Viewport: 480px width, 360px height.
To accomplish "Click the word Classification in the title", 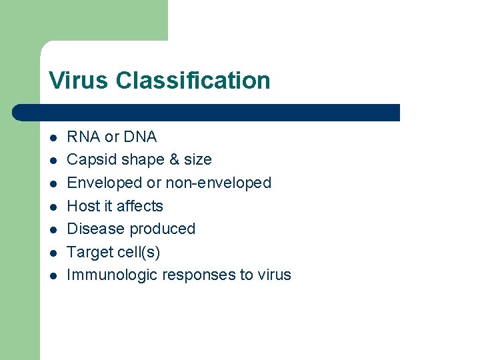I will pyautogui.click(x=193, y=81).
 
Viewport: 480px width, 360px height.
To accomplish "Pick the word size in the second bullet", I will pyautogui.click(x=197, y=160).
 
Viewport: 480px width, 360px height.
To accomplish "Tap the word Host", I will pyautogui.click(x=83, y=206).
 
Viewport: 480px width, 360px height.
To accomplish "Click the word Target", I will pyautogui.click(x=89, y=252).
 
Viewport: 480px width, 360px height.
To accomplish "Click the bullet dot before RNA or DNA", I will pyautogui.click(x=53, y=138).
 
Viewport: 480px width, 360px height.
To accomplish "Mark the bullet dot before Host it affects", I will pyautogui.click(x=53, y=207).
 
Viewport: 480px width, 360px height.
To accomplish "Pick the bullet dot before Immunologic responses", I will pyautogui.click(x=53, y=275).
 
